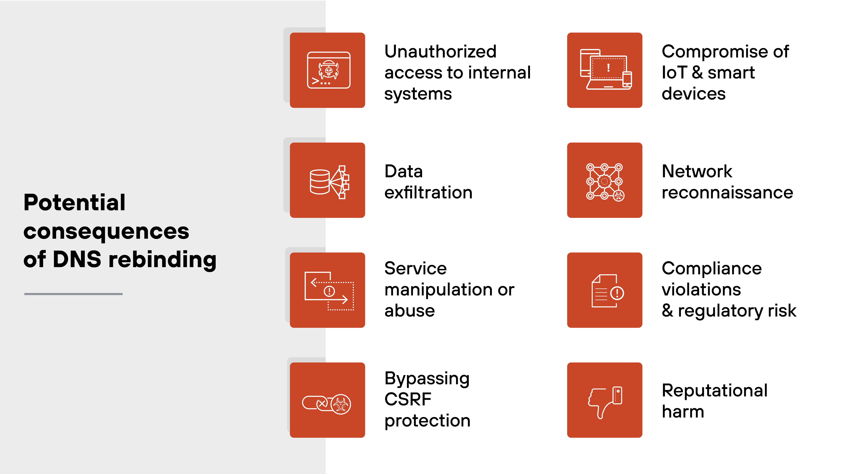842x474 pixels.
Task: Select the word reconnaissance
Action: tap(727, 192)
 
